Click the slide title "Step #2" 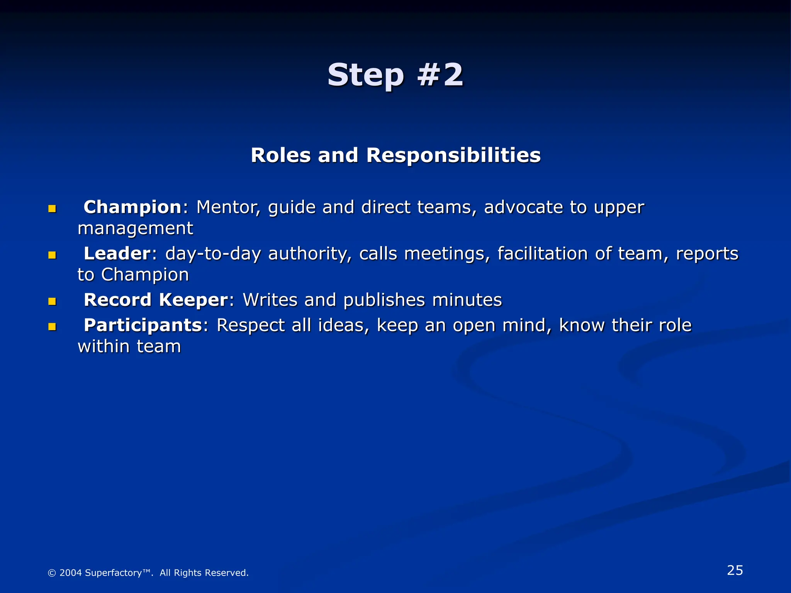point(395,75)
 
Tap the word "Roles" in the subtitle point(281,156)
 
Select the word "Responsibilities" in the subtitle point(453,156)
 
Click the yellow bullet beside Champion point(52,209)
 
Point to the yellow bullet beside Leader point(52,255)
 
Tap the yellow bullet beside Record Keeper point(52,302)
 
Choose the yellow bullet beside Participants point(52,327)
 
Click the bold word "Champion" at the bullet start point(132,207)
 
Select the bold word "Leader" point(117,254)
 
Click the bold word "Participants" point(143,325)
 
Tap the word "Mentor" point(228,207)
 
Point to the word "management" point(135,229)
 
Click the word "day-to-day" point(213,254)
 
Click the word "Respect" point(251,325)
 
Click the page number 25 point(735,570)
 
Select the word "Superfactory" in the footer point(113,573)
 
